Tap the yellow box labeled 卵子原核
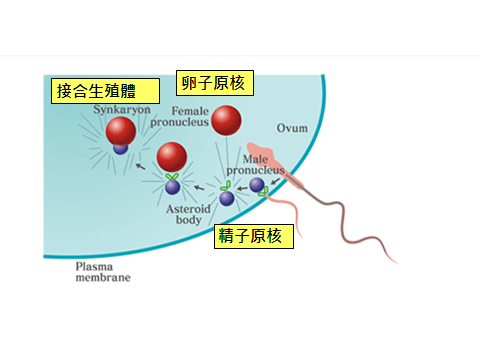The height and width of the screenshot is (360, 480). tap(215, 82)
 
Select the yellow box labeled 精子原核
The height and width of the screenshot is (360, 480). tap(255, 236)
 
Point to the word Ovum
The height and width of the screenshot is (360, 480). tap(291, 128)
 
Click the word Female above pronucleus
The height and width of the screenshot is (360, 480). tap(190, 110)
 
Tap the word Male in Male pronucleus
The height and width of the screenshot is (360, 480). tap(257, 158)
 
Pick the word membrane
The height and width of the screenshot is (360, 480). tap(103, 278)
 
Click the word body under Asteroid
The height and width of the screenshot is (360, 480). tap(189, 219)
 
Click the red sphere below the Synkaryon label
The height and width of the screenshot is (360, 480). tap(121, 131)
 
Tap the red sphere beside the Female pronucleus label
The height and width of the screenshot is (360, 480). tap(226, 121)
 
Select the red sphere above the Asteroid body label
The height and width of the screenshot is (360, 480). tap(172, 156)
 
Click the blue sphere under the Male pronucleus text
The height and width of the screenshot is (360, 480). tap(257, 184)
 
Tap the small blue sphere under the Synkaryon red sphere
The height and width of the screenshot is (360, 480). tap(121, 148)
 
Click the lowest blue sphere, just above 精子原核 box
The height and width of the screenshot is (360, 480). tap(227, 198)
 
